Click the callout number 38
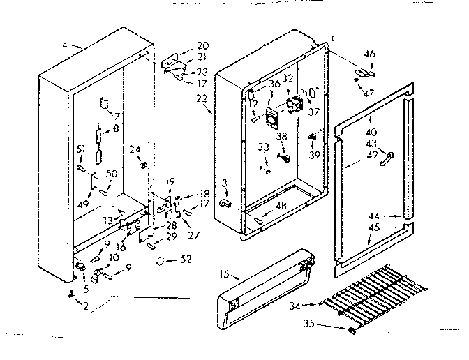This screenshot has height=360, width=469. (281, 136)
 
